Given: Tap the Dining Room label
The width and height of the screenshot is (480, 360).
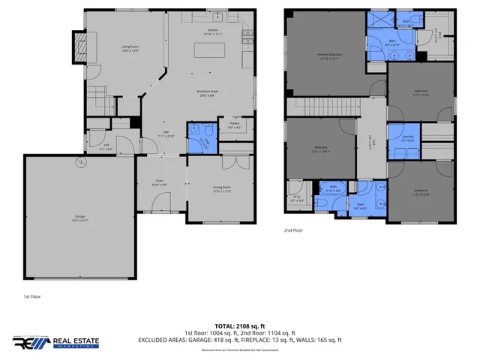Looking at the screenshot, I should [x=221, y=190].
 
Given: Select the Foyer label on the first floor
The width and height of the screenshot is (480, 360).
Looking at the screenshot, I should [x=160, y=182].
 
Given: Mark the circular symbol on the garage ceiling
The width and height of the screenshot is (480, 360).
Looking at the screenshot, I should [x=76, y=162].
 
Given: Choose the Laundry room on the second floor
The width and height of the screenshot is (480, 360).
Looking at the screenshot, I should [x=407, y=137].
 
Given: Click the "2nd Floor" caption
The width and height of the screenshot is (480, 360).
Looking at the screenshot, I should [x=293, y=230].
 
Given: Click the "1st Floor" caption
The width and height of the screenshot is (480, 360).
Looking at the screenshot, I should [x=31, y=297].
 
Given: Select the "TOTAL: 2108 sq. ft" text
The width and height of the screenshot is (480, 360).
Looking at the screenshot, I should [x=239, y=325].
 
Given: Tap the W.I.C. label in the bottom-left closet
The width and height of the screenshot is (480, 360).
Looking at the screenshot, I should [x=297, y=198].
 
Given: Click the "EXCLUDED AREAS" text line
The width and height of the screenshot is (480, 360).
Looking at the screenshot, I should [x=239, y=339].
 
